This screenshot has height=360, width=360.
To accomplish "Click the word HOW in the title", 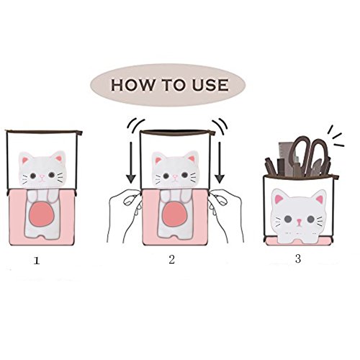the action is (x=132, y=85).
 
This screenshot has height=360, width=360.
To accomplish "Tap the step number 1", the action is (x=37, y=261).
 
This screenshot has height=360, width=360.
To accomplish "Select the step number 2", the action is (x=171, y=259).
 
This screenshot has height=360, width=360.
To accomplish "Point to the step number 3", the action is (x=298, y=258).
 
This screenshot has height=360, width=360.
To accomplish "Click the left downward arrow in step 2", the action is (x=131, y=163).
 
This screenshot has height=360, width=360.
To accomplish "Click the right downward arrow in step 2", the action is (x=220, y=163).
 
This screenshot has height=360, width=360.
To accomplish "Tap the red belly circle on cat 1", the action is (x=42, y=214).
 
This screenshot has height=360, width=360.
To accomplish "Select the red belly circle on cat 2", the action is (x=174, y=213).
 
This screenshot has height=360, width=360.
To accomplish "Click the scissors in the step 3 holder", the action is (x=310, y=156).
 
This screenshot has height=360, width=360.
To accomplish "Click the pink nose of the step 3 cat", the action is (x=299, y=221).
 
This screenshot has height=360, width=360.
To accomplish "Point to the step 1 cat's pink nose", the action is (x=42, y=177).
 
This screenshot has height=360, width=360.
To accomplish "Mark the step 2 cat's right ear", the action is (x=191, y=158).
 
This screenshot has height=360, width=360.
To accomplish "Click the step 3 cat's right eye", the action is (x=311, y=219).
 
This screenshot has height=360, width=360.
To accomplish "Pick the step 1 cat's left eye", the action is (x=33, y=176).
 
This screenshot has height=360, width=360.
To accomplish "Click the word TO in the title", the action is (x=174, y=85).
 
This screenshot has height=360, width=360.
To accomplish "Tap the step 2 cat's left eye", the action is (x=166, y=176).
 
